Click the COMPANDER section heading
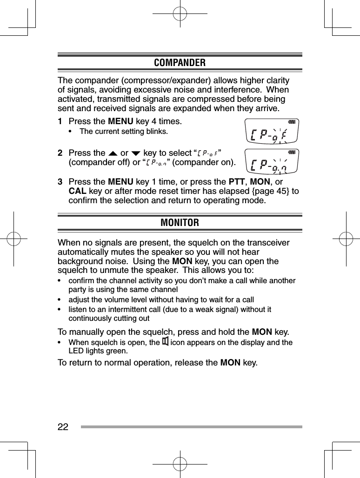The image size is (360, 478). (180, 62)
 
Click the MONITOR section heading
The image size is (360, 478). (180, 223)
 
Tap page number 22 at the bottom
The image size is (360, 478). (63, 427)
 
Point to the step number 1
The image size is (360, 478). (60, 122)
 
